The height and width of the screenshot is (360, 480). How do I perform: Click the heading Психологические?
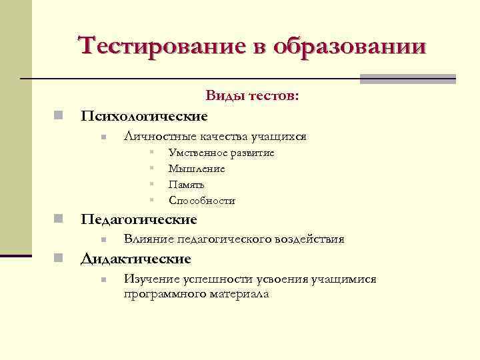pyautogui.click(x=144, y=116)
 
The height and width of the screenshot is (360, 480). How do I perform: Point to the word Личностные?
pyautogui.click(x=157, y=137)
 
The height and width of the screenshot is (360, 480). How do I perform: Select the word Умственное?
pyautogui.click(x=198, y=153)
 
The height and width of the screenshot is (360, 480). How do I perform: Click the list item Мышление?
pyautogui.click(x=197, y=169)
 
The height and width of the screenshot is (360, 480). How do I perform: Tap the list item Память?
pyautogui.click(x=187, y=185)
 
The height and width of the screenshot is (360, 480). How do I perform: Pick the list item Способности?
pyautogui.click(x=202, y=201)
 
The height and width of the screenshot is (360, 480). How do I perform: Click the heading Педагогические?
pyautogui.click(x=139, y=219)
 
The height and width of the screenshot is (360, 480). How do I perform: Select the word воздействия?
pyautogui.click(x=311, y=239)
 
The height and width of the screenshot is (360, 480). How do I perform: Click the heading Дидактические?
pyautogui.click(x=136, y=259)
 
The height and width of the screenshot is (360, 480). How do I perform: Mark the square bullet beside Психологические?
pyautogui.click(x=59, y=116)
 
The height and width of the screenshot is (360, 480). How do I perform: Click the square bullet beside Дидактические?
pyautogui.click(x=59, y=259)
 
